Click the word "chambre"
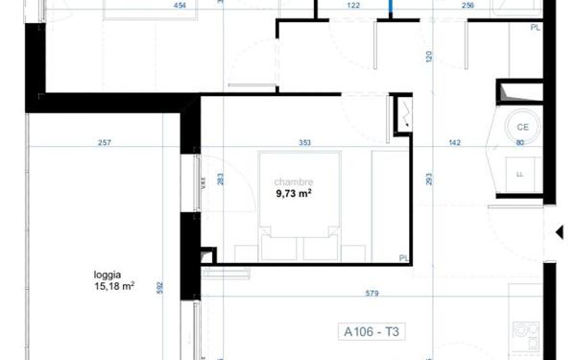tap(293, 180)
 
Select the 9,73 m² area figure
tap(293, 192)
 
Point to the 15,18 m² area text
tap(112, 284)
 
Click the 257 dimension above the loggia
tap(105, 143)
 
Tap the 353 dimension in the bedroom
tap(304, 143)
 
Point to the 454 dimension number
tap(179, 5)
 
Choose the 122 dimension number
tap(353, 5)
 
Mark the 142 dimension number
tap(454, 143)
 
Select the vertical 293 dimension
tap(430, 179)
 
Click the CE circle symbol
tap(523, 127)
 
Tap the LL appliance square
tap(519, 174)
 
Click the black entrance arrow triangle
tap(559, 231)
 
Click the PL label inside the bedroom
tap(403, 257)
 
